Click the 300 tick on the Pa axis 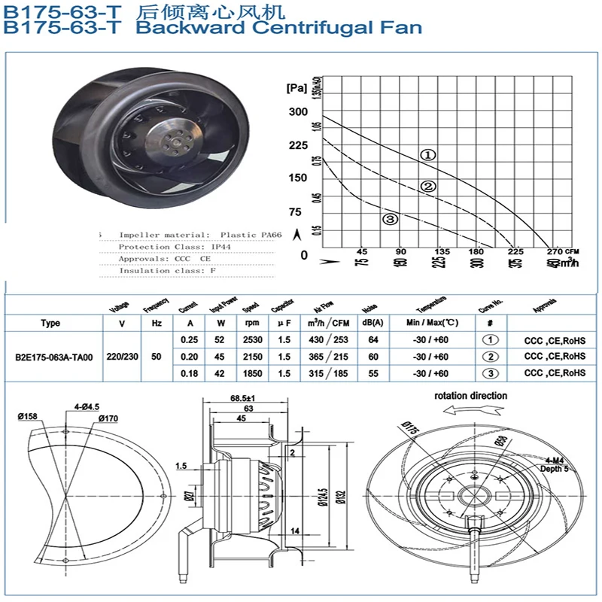click(298, 112)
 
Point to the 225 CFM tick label click(515, 251)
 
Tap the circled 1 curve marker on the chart click(427, 155)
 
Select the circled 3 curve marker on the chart click(390, 220)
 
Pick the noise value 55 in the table click(370, 373)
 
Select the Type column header click(50, 324)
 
